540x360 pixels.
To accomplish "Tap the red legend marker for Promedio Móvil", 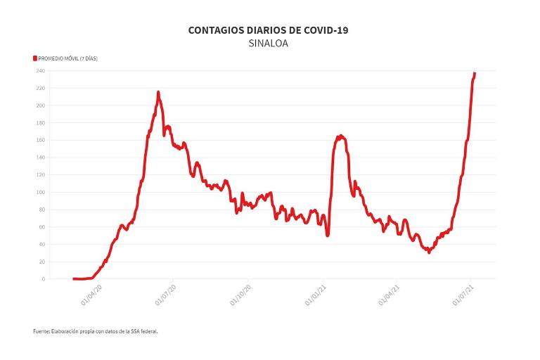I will [x=34, y=58].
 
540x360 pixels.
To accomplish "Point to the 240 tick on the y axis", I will [x=41, y=71].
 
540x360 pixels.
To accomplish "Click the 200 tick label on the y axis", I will [x=41, y=105].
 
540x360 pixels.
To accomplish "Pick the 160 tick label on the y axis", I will [x=41, y=140].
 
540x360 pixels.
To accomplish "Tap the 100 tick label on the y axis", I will [x=41, y=192].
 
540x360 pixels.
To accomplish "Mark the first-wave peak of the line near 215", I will [x=158, y=92].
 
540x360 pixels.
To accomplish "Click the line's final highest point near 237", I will [x=475, y=73].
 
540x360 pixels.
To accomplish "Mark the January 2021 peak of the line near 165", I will [x=340, y=136].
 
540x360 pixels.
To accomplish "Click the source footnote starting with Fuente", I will [x=95, y=330].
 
